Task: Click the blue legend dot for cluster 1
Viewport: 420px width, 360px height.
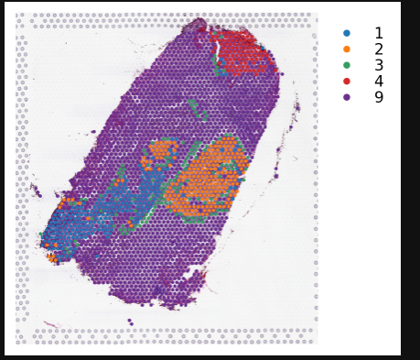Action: (346, 33)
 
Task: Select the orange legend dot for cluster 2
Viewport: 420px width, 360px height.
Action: (346, 49)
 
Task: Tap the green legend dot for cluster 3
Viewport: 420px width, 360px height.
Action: (346, 65)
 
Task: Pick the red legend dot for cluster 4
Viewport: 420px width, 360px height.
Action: (346, 81)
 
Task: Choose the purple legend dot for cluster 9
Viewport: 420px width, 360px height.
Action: (346, 97)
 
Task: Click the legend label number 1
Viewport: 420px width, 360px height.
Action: (378, 33)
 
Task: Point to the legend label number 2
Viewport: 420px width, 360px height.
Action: (378, 49)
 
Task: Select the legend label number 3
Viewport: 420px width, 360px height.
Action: (378, 65)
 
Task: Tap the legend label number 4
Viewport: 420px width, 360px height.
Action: (378, 81)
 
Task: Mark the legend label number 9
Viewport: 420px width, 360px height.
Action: (378, 97)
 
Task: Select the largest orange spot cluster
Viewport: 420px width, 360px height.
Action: (210, 179)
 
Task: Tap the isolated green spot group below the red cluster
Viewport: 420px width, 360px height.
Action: (197, 110)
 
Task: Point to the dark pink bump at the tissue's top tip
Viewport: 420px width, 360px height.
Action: (197, 25)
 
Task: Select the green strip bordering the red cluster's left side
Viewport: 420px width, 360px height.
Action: (217, 64)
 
